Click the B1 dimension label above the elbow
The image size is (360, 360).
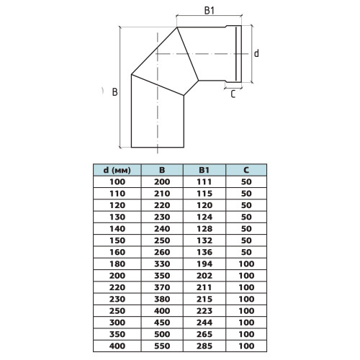pyautogui.click(x=209, y=11)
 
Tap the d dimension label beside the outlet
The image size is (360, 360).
pyautogui.click(x=256, y=53)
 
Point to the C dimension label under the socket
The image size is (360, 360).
pyautogui.click(x=233, y=94)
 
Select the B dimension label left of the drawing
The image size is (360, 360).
pyautogui.click(x=115, y=92)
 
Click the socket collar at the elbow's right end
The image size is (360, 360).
pyautogui.click(x=233, y=54)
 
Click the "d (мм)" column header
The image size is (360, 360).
pyautogui.click(x=117, y=170)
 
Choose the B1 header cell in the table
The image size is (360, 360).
pyautogui.click(x=204, y=170)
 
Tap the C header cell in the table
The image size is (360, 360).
pyautogui.click(x=246, y=170)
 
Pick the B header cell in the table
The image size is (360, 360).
pyautogui.click(x=162, y=170)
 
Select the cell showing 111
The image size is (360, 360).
pyautogui.click(x=204, y=182)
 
